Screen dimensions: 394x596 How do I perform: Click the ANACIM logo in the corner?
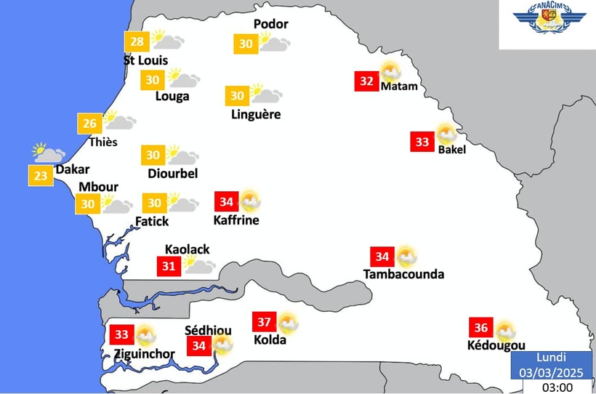click(x=547, y=23)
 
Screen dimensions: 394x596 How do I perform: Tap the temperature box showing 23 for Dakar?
click(x=41, y=175)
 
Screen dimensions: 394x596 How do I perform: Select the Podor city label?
click(x=270, y=24)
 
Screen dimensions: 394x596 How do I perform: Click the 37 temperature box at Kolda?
click(x=265, y=322)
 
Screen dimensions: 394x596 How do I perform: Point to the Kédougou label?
click(x=496, y=345)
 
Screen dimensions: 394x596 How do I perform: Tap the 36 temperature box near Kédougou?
click(x=480, y=327)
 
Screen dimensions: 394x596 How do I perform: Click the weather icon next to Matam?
click(x=390, y=72)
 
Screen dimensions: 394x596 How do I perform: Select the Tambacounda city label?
click(x=403, y=274)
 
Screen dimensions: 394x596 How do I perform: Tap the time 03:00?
click(x=557, y=387)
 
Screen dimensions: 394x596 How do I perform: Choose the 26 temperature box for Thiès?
click(x=90, y=124)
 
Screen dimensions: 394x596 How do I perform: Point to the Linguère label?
click(x=255, y=114)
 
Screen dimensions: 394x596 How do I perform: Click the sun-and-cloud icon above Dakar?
click(x=48, y=153)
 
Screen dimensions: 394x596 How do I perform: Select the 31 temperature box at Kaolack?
click(x=169, y=266)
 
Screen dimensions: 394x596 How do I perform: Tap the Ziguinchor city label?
click(x=144, y=355)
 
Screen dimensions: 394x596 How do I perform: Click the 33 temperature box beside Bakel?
click(x=422, y=142)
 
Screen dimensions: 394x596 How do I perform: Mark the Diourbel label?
click(x=172, y=173)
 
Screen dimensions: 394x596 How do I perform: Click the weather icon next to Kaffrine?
click(x=250, y=200)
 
